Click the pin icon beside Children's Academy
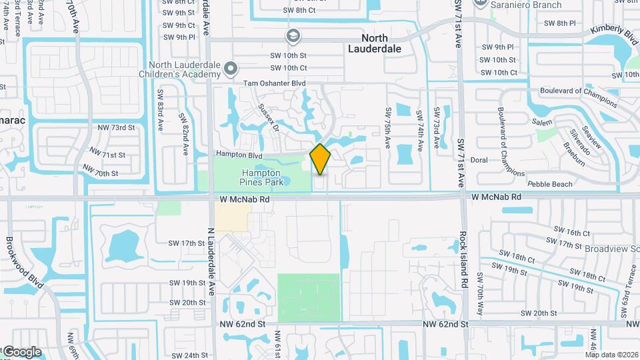(x=231, y=68)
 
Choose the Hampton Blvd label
(x=238, y=154)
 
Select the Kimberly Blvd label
(x=614, y=32)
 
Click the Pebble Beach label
(x=549, y=184)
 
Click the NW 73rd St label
(x=116, y=127)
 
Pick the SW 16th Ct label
(x=571, y=233)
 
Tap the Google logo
(x=22, y=352)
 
